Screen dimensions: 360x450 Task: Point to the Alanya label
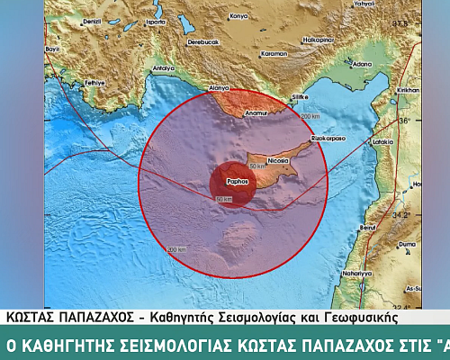[220, 89]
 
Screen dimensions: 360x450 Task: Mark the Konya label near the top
[238, 16]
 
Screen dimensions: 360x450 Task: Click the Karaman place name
[274, 53]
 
